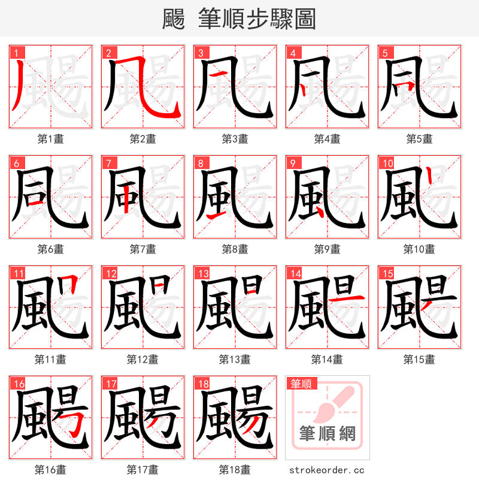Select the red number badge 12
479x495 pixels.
click(110, 273)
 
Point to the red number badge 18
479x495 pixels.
click(202, 384)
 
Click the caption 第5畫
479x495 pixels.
click(419, 139)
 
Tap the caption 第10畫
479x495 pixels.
click(419, 249)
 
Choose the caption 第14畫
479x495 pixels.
click(327, 360)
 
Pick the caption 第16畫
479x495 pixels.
click(50, 470)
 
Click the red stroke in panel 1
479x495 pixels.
click(18, 87)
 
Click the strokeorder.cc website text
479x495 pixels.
click(327, 470)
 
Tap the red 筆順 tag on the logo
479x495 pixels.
click(302, 384)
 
